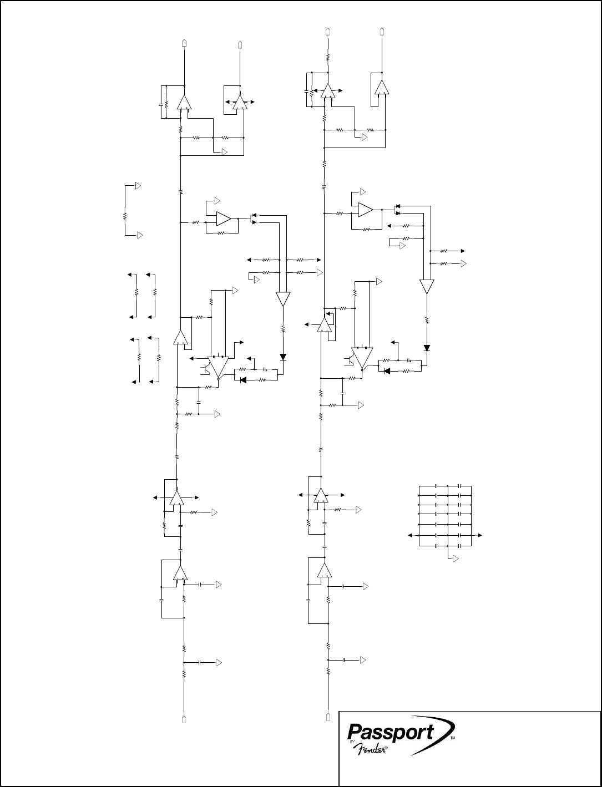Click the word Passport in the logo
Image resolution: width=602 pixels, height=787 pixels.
coord(390,732)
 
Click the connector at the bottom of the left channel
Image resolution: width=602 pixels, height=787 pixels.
coord(184,719)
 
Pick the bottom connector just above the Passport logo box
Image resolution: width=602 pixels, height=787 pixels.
coord(328,715)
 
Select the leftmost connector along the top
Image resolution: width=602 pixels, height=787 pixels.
coord(184,42)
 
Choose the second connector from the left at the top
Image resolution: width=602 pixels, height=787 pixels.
coord(240,44)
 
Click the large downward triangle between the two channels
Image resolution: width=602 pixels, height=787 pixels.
coord(283,299)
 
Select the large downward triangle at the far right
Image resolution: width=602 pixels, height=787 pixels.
coord(427,287)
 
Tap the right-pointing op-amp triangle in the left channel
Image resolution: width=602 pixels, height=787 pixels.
coord(224,219)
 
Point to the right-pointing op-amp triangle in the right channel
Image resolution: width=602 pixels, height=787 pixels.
coord(366,210)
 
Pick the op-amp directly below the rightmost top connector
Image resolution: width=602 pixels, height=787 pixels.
coord(381,88)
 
